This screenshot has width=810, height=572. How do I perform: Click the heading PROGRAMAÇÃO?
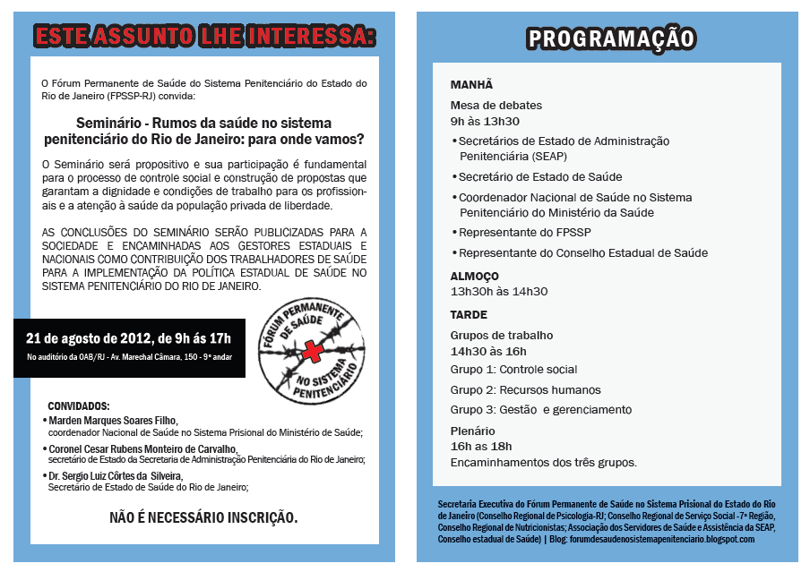[x=610, y=38]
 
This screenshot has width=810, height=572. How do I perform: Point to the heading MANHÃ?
[x=471, y=84]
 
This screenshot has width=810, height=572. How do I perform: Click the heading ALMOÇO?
[x=475, y=276]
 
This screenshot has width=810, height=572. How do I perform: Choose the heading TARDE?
[x=469, y=315]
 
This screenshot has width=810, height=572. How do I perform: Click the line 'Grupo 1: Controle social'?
[x=513, y=370]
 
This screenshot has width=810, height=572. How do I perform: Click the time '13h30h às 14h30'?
[x=499, y=292]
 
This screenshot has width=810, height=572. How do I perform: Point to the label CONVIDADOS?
[x=79, y=406]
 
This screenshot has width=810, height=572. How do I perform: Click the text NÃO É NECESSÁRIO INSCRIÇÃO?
[x=203, y=517]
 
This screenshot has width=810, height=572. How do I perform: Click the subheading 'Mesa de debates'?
[x=496, y=106]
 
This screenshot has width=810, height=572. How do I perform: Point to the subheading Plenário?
[x=472, y=431]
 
